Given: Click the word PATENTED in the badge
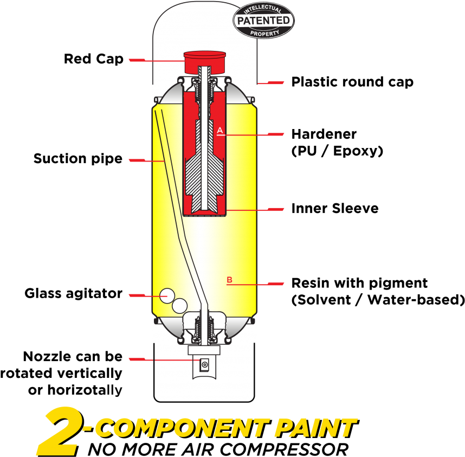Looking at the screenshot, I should click(263, 21).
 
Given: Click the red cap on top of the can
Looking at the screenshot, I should click(205, 62).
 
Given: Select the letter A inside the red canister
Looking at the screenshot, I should click(220, 130).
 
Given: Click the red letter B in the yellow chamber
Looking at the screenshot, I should click(229, 280).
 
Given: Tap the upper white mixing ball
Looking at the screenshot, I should click(167, 294).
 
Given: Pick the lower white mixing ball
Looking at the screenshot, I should click(179, 306).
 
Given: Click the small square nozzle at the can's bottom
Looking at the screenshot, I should click(205, 365).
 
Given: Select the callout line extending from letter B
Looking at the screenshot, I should click(255, 284).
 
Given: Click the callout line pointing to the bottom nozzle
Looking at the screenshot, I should click(163, 359).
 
